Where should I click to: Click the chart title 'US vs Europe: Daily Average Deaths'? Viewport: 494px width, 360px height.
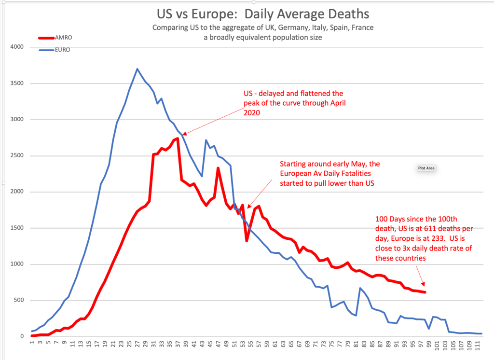pyautogui.click(x=262, y=13)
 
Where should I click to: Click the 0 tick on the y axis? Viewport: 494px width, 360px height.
pyautogui.click(x=22, y=336)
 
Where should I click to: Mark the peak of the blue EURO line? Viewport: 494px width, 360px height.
pyautogui.click(x=137, y=69)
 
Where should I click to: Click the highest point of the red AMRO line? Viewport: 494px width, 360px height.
pyautogui.click(x=178, y=138)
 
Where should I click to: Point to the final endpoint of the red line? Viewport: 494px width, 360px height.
pyautogui.click(x=425, y=292)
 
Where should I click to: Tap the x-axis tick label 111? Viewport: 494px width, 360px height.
pyautogui.click(x=478, y=347)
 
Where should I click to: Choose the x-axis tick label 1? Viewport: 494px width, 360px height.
pyautogui.click(x=32, y=344)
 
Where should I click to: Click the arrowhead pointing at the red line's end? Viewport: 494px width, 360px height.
pyautogui.click(x=424, y=285)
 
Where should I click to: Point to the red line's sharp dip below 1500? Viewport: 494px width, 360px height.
pyautogui.click(x=247, y=240)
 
